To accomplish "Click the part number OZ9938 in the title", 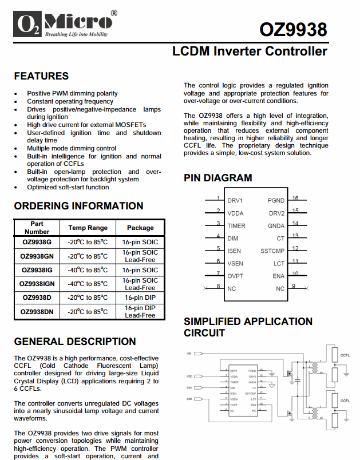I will (293, 29).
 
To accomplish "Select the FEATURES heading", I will (41, 76).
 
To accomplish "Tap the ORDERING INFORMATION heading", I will (78, 206).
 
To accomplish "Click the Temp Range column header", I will (88, 228).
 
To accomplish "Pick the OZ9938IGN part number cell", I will (37, 284).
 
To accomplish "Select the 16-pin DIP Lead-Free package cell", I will (140, 311).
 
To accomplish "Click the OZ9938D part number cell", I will (37, 298).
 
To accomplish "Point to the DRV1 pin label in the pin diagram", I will (235, 201).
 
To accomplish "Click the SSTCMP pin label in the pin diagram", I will (272, 251).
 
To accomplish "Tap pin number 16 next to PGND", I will (295, 199).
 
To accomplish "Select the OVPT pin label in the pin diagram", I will (236, 276).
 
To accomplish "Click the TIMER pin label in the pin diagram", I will (236, 226).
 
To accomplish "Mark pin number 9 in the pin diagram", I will (294, 286).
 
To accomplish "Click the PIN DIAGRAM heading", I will (217, 178).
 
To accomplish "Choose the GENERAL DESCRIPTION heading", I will (75, 342).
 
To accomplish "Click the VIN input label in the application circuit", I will (189, 354).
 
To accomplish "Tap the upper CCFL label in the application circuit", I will (345, 355).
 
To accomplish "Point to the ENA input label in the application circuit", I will (189, 398).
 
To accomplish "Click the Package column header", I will (140, 228).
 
